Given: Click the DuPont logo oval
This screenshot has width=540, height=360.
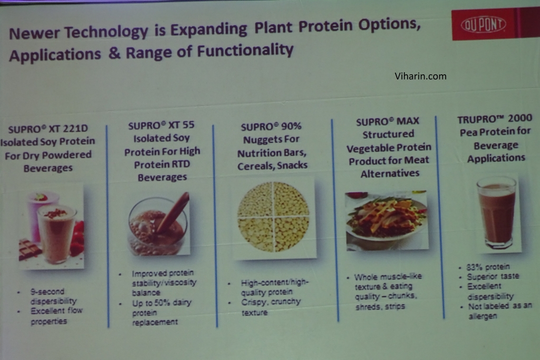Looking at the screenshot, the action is (483, 24).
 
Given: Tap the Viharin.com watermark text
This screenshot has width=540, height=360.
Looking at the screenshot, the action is (420, 76).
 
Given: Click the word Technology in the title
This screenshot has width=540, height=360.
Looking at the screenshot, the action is (107, 32).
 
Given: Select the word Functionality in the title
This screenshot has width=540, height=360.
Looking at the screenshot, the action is (245, 51).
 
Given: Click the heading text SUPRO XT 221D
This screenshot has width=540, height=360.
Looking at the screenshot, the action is (48, 129).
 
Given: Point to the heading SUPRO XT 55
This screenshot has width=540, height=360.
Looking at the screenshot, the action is (161, 125).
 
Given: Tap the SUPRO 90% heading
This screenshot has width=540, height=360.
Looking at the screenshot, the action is (271, 127).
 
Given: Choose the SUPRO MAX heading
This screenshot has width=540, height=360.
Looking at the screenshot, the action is (388, 121).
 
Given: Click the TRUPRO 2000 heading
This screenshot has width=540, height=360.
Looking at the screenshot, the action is (495, 119).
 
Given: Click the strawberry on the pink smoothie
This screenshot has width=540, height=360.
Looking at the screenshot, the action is (41, 197).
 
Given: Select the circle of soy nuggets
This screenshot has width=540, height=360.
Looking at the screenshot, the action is (273, 217).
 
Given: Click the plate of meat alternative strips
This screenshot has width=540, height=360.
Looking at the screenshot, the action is (387, 220).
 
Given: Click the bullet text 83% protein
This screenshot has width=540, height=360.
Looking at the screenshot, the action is (488, 267).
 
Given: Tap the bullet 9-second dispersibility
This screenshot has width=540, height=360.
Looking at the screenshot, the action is (53, 296).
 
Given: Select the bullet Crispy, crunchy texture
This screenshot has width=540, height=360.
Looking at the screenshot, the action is (271, 307).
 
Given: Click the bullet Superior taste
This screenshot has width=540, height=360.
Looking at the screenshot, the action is (493, 276).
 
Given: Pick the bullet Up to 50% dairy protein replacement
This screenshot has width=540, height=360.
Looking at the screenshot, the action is (161, 313).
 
